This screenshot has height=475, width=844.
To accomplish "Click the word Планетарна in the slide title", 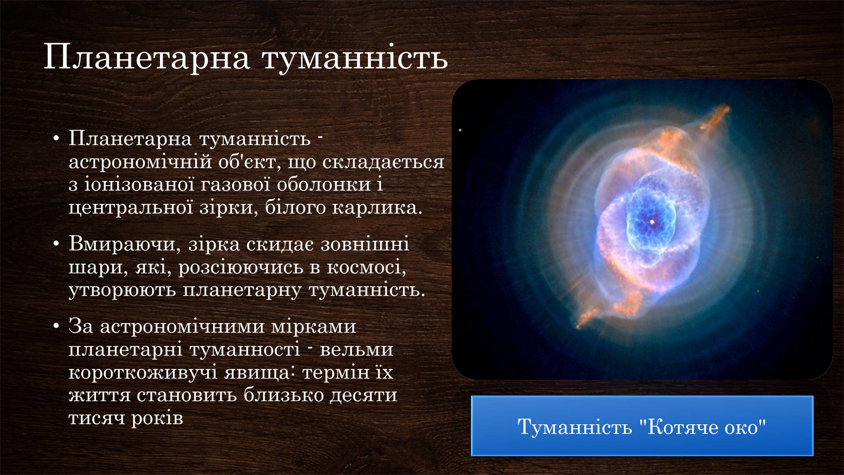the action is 147,58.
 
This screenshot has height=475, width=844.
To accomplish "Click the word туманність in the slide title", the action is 355,58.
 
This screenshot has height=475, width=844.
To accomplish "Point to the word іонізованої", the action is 141,184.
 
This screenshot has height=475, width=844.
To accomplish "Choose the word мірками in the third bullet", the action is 314,327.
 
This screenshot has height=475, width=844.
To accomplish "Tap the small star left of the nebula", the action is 460,130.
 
